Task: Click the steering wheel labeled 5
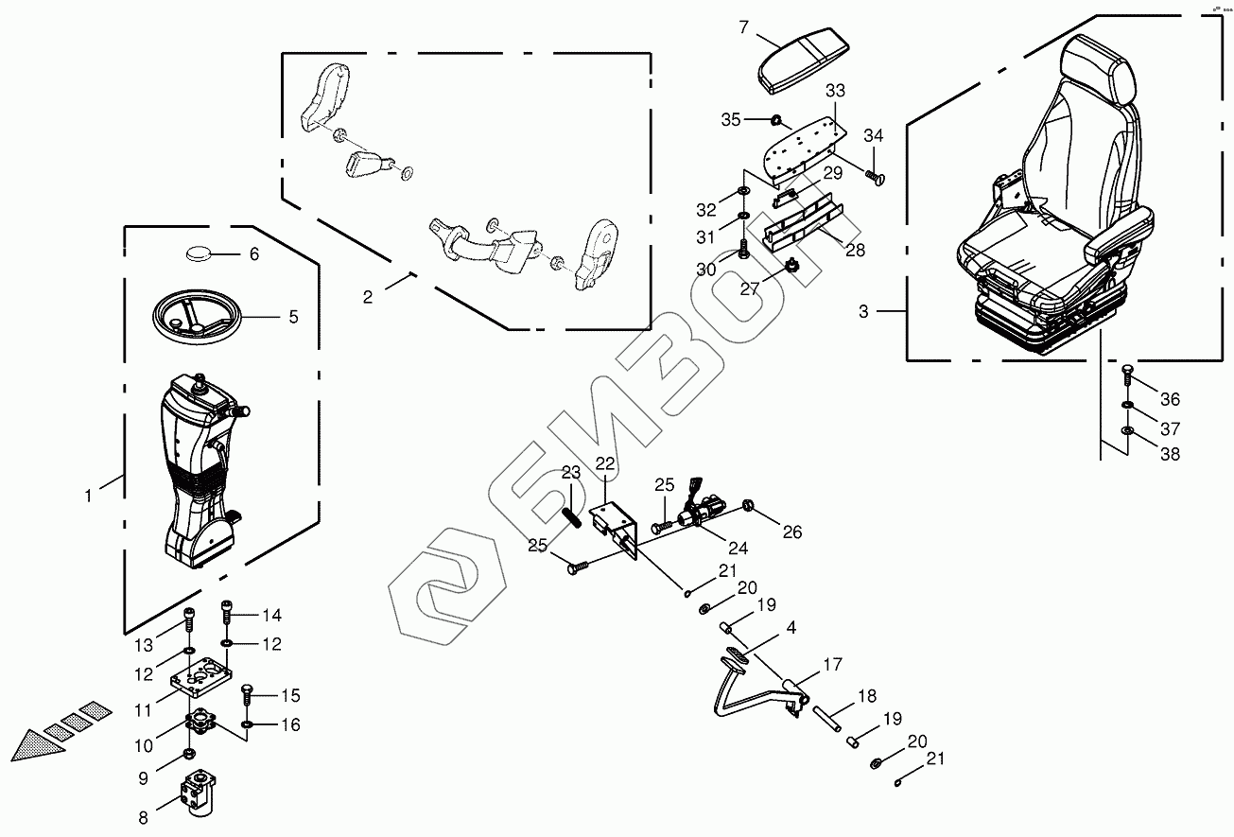click(x=200, y=315)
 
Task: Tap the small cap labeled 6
click(x=200, y=253)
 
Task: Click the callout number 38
click(x=1170, y=454)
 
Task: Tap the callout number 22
click(x=604, y=463)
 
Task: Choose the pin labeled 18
click(x=826, y=717)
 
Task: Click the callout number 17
click(x=831, y=665)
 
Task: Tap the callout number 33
click(x=835, y=92)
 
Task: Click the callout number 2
click(x=368, y=297)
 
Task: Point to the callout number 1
click(x=89, y=495)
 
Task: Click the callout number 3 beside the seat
click(x=863, y=311)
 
